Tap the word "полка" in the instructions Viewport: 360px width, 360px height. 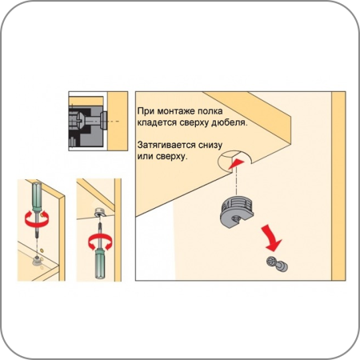(x=210, y=111)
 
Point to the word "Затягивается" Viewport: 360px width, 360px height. (x=166, y=146)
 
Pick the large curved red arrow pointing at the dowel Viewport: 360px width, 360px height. (x=271, y=238)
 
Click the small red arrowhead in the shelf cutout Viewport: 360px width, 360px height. (x=236, y=163)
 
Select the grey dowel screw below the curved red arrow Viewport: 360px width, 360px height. (x=278, y=264)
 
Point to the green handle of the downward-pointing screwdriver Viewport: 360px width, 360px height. (x=37, y=197)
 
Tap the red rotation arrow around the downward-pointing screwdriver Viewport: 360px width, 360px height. (x=37, y=219)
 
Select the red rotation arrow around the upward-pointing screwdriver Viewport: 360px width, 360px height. (x=100, y=242)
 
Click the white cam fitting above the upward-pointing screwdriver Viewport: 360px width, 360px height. (x=100, y=213)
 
